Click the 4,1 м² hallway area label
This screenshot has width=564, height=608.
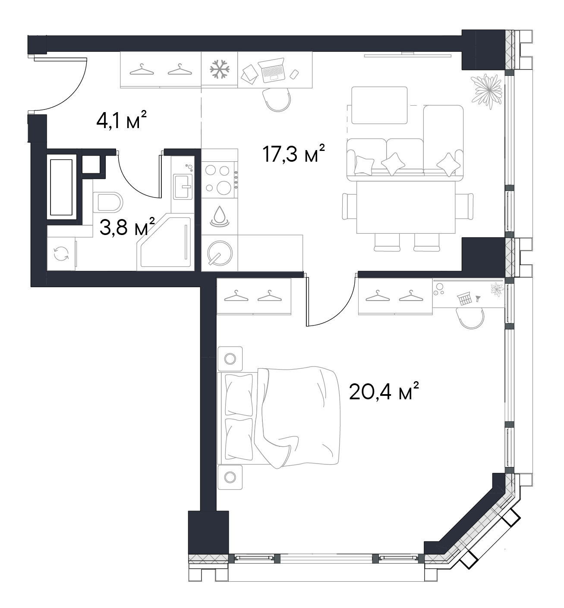pos(121,120)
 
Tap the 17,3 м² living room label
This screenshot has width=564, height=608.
pos(293,154)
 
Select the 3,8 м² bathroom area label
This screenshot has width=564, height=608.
pos(127,226)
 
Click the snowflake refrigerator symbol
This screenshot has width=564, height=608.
pos(220,69)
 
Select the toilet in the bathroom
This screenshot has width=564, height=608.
pos(107,202)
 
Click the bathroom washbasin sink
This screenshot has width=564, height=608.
pos(183,186)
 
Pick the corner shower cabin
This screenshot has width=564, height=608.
pos(166,242)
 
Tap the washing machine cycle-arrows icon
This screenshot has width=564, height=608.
pos(61,254)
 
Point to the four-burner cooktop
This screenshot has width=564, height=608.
pos(220,180)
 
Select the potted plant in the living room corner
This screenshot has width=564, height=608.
pos(487,91)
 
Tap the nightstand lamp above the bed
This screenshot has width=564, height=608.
pos(230,358)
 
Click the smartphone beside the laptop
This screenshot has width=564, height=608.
pos(294,75)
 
